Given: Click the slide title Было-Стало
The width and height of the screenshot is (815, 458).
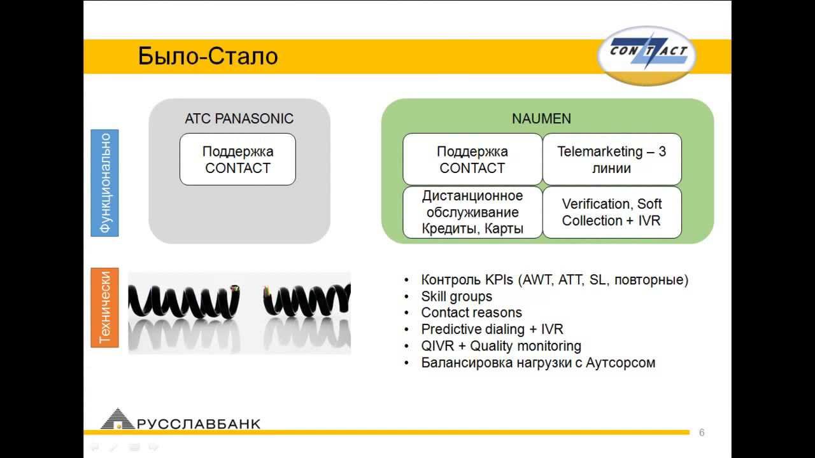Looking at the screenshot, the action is coord(208,57).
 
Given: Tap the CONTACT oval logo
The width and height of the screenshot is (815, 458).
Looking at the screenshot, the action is coord(647,55).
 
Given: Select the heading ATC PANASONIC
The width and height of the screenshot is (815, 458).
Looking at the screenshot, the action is coord(239,118).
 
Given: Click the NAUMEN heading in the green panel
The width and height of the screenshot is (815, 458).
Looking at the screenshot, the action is coord(541,118).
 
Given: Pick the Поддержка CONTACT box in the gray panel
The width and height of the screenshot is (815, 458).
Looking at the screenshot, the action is coord(237,159).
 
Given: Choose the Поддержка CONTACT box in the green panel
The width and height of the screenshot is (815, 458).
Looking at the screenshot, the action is coord(472,159).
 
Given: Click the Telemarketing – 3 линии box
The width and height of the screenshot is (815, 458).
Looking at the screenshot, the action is coord(612,159).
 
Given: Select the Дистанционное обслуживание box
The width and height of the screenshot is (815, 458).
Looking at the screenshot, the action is coord(472,212).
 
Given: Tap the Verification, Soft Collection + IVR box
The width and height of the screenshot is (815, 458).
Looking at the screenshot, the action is coord(612,212).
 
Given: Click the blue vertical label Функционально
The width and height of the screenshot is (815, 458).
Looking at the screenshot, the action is coord(105,183).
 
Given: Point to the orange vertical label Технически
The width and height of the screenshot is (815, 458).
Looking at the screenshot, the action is coord(105,307).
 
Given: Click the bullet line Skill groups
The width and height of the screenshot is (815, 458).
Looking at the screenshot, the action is coord(457,296).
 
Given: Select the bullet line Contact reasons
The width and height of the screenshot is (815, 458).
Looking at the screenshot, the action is coord(472,312).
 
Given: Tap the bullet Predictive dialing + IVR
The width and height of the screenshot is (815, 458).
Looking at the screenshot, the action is coord(492,330).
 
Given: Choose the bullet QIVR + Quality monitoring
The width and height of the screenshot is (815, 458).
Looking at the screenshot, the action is coord(501,345).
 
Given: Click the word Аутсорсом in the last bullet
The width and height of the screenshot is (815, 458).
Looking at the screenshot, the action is coord(620,363).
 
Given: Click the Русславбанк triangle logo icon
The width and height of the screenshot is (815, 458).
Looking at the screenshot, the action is coord(117,419).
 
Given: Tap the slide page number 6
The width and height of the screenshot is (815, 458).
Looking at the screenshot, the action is coord(702,433).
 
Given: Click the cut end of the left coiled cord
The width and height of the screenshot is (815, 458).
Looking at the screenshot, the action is coord(235,289).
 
